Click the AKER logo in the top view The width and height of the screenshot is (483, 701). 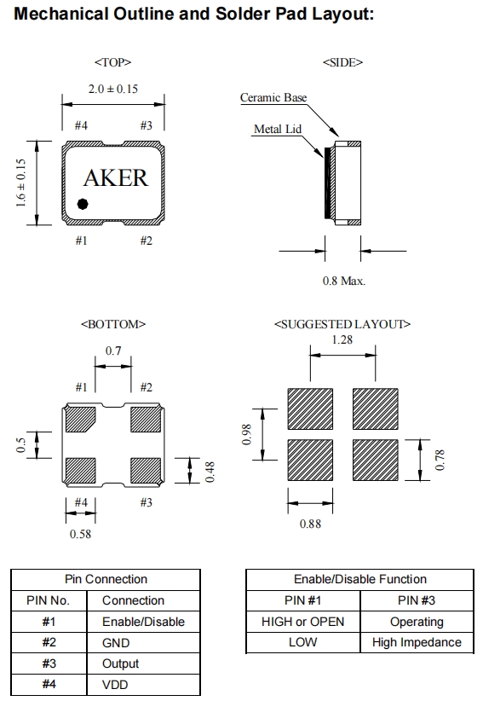click(116, 178)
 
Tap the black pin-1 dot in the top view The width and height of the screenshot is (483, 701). click(83, 204)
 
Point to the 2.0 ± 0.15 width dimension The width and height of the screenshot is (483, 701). click(113, 89)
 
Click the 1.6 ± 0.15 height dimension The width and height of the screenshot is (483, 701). click(20, 182)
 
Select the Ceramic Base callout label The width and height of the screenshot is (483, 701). click(273, 97)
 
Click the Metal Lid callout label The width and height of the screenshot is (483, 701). click(278, 129)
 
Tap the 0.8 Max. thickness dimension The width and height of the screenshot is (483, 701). click(344, 281)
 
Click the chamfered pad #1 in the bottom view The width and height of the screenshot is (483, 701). click(80, 420)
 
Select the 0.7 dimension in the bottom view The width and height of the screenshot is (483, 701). click(113, 351)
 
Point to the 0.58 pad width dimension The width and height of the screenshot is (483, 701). click(80, 534)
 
